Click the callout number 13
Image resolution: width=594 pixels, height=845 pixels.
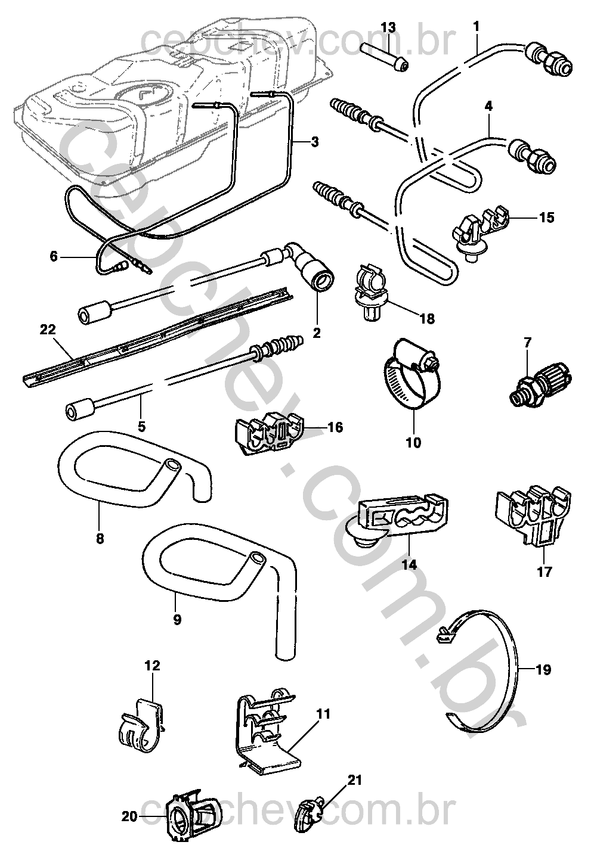pyautogui.click(x=388, y=27)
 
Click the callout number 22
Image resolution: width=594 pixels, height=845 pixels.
pyautogui.click(x=47, y=330)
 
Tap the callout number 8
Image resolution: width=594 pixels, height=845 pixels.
pyautogui.click(x=100, y=539)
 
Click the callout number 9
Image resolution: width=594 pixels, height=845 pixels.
pyautogui.click(x=177, y=619)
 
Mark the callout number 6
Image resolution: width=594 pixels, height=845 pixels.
pyautogui.click(x=54, y=256)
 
